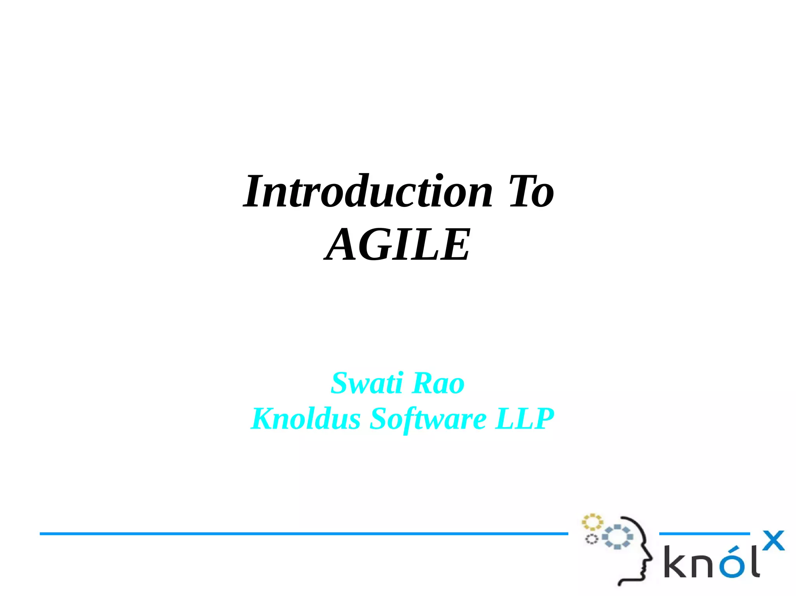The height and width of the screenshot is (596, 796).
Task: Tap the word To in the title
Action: pos(531,192)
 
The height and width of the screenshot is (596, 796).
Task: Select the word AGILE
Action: pos(397,245)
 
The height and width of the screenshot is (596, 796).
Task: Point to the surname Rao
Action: pos(438,383)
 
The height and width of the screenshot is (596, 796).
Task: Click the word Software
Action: pos(428,419)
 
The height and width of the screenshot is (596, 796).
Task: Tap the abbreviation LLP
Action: pos(524,419)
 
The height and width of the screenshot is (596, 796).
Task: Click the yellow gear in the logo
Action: pos(592,522)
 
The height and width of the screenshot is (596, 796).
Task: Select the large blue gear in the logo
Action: pos(617,537)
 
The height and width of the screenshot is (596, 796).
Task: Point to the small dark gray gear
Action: pos(592,539)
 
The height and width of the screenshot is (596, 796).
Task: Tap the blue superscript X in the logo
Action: pos(773,540)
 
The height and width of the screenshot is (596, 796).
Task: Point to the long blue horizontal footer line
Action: pos(303,534)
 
